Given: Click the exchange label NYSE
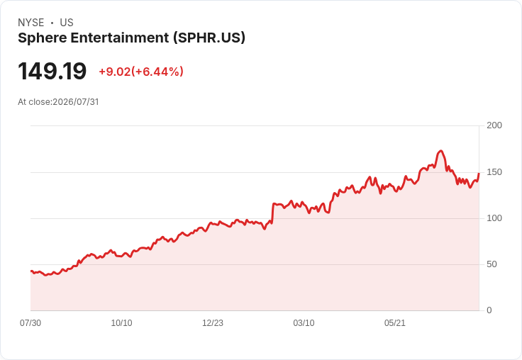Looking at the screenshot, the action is pyautogui.click(x=31, y=23).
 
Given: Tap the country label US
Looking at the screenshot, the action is pyautogui.click(x=67, y=23).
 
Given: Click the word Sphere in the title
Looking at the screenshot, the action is pyautogui.click(x=43, y=38).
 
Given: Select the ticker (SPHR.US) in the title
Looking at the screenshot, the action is pyautogui.click(x=209, y=38).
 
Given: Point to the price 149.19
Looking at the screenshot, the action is pyautogui.click(x=52, y=71).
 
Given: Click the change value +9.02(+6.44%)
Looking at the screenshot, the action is pyautogui.click(x=141, y=72).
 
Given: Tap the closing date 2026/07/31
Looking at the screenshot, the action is pyautogui.click(x=76, y=102).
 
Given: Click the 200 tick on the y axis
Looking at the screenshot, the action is pyautogui.click(x=494, y=125).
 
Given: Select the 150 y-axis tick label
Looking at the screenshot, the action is pyautogui.click(x=494, y=172).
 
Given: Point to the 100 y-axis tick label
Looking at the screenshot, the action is pyautogui.click(x=494, y=218).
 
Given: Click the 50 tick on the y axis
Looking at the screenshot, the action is pyautogui.click(x=492, y=264).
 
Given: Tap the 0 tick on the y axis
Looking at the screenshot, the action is pyautogui.click(x=489, y=310).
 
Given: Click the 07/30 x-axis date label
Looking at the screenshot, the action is pyautogui.click(x=30, y=323).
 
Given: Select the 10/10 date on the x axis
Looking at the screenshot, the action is pyautogui.click(x=121, y=323).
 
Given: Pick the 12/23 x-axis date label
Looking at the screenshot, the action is pyautogui.click(x=213, y=323).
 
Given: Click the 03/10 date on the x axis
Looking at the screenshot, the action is pyautogui.click(x=304, y=323).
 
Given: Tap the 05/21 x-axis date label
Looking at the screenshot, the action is pyautogui.click(x=395, y=323).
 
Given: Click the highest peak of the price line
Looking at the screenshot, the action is pyautogui.click(x=440, y=151).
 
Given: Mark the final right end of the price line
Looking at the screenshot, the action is pyautogui.click(x=479, y=174).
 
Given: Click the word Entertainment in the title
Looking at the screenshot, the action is pyautogui.click(x=120, y=38).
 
